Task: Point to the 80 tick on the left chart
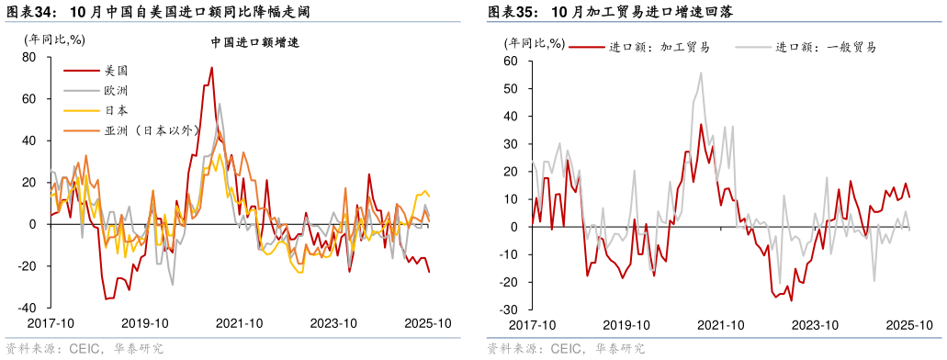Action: click(29, 57)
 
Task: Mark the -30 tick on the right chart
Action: click(509, 309)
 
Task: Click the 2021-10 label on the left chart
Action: click(240, 323)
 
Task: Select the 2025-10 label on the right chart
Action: click(909, 325)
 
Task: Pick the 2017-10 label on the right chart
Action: click(533, 325)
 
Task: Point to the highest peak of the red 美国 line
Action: click(211, 67)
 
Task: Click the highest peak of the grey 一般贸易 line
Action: click(701, 73)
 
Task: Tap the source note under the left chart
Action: click(85, 349)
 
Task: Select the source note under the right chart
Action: click(566, 349)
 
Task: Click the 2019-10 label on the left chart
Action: click(145, 323)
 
